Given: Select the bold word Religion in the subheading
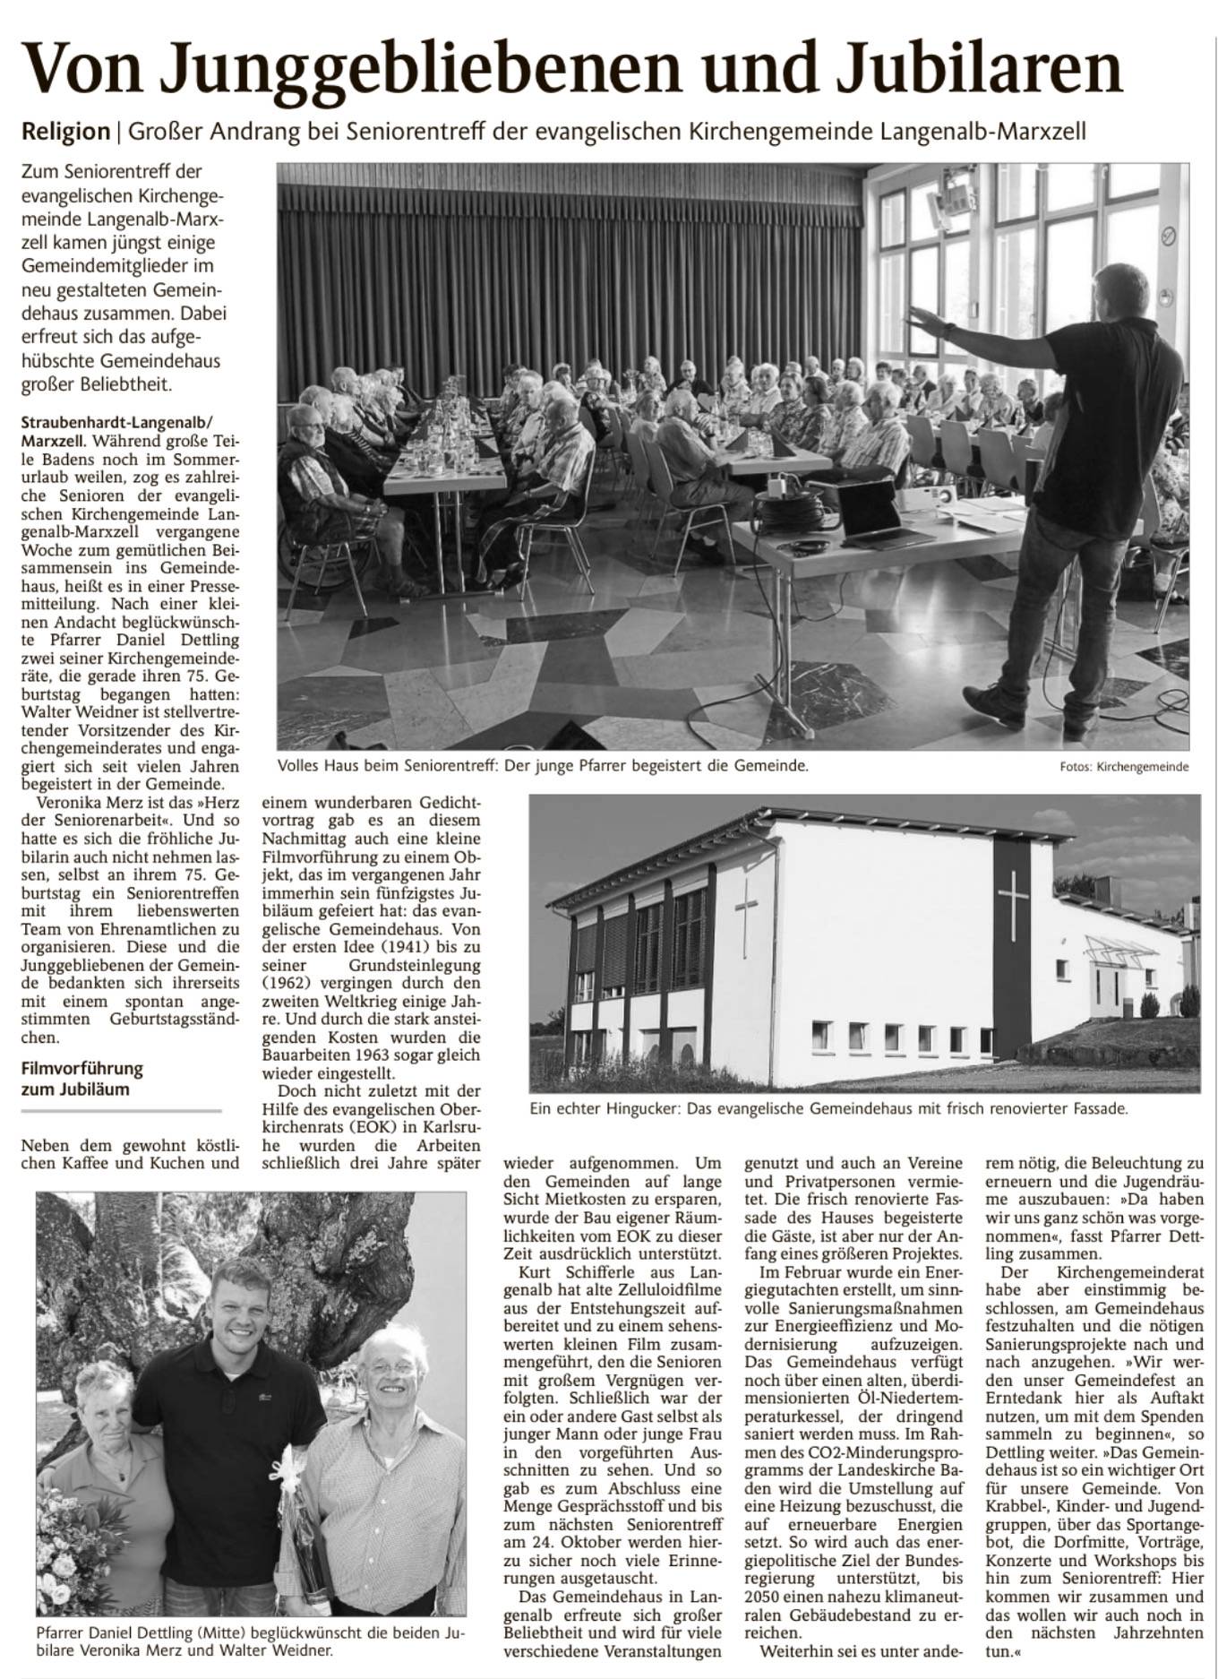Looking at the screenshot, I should pos(65,132).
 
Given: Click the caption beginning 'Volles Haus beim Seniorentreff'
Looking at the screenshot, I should pos(543,766).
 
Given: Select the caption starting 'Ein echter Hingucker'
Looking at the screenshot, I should pos(828,1108).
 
